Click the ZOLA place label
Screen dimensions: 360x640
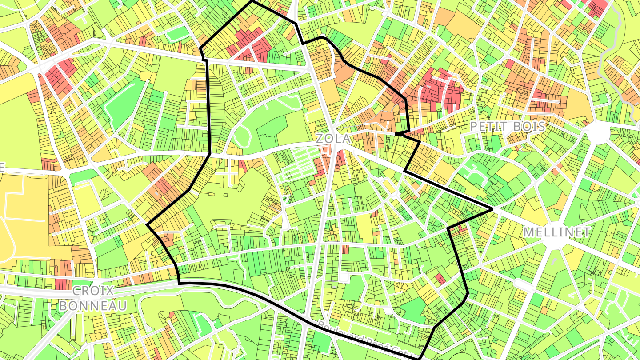point(333,138)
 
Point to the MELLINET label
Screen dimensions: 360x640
point(556,232)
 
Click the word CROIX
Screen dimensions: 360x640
point(93,291)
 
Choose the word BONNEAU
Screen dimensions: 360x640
point(93,306)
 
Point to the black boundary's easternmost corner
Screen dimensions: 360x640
point(492,209)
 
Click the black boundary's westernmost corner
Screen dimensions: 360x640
point(147,224)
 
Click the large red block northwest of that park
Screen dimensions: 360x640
point(60,73)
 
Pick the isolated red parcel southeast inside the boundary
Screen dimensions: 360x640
point(440,279)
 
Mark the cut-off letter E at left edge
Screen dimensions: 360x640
point(2,168)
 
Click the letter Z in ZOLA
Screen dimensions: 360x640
point(320,138)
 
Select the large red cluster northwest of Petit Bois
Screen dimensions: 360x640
point(440,91)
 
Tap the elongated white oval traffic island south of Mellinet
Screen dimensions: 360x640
point(524,284)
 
